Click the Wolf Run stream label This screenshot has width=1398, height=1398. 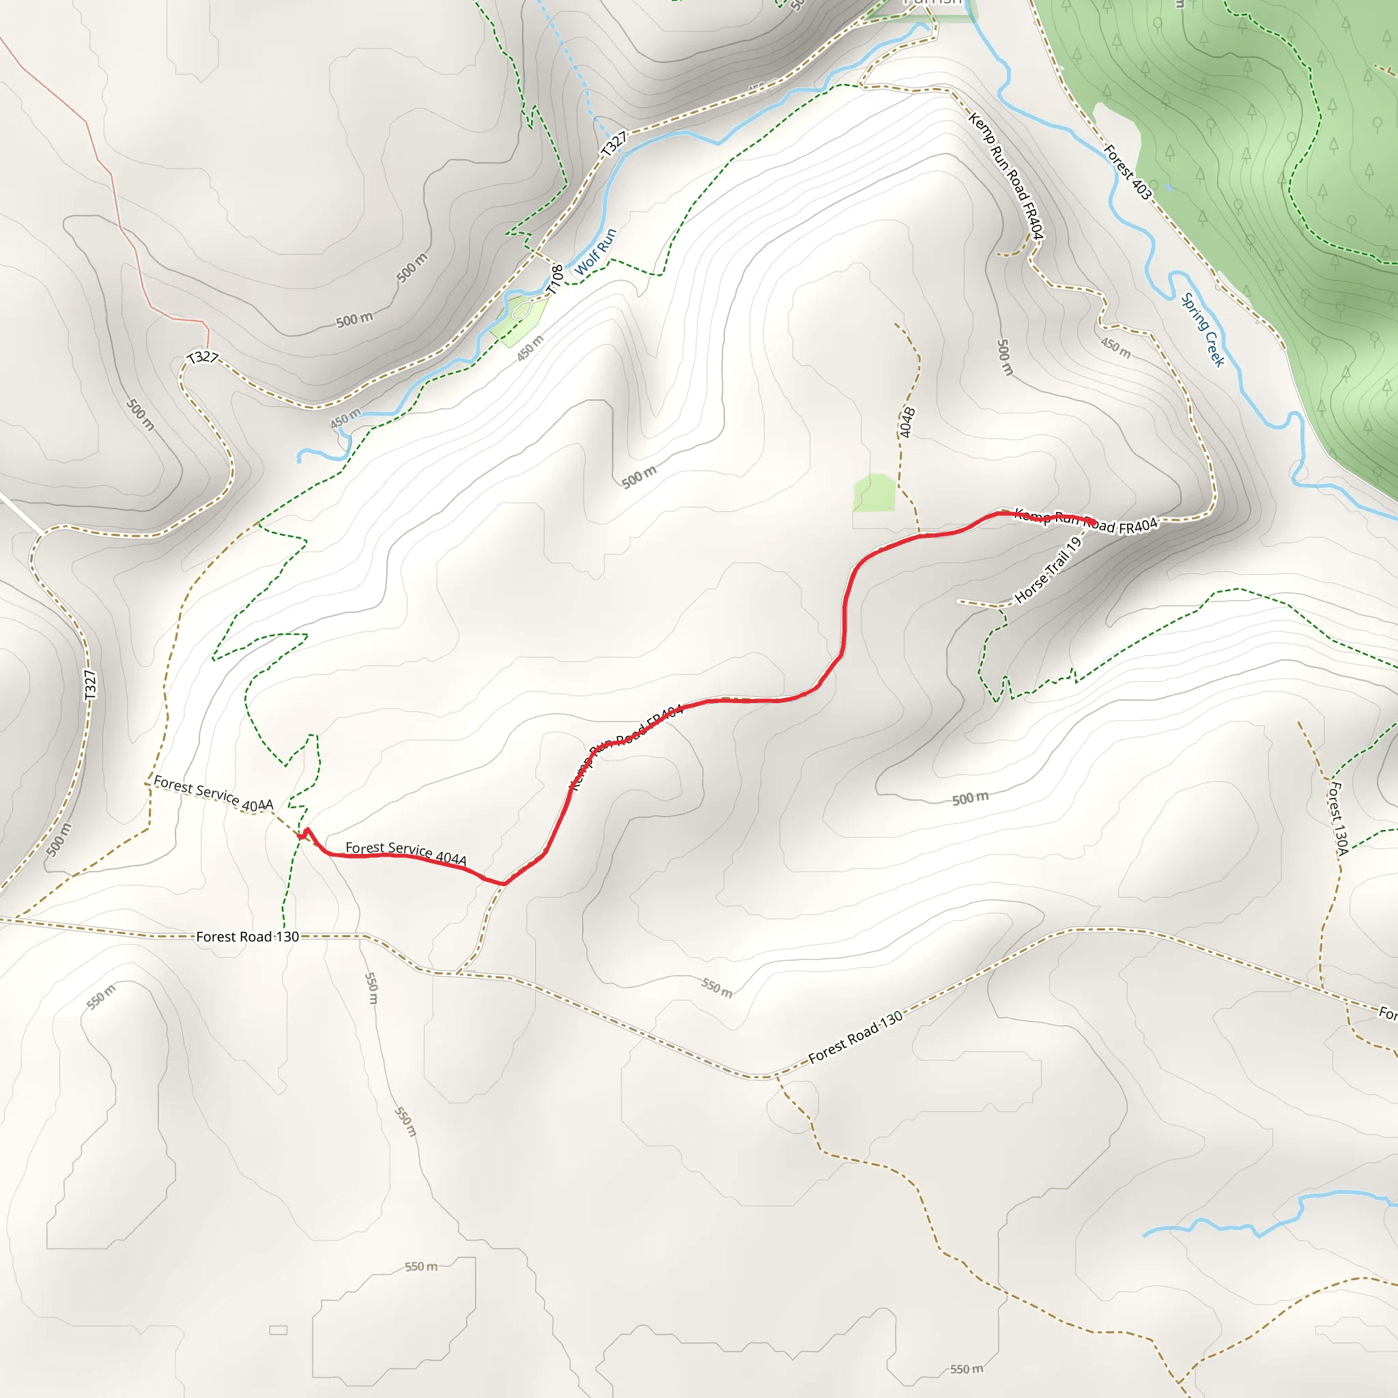[x=595, y=251]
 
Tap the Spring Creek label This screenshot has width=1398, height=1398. [x=1203, y=329]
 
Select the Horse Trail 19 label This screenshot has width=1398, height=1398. [x=1048, y=570]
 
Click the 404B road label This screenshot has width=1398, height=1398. [x=907, y=423]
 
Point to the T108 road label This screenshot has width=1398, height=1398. [x=555, y=279]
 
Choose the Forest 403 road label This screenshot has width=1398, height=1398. [x=1128, y=171]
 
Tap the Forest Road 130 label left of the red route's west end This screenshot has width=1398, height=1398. [x=248, y=937]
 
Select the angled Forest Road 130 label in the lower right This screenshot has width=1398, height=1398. [x=855, y=1037]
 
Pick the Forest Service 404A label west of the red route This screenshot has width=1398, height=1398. [x=214, y=793]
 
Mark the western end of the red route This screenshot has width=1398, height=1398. [x=299, y=836]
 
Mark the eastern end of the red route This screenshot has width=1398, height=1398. [x=1094, y=522]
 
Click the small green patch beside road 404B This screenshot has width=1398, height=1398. [x=875, y=493]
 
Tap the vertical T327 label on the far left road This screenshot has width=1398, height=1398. [x=89, y=685]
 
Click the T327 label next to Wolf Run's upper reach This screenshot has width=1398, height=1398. [x=614, y=144]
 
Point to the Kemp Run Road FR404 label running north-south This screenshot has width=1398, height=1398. [x=1005, y=176]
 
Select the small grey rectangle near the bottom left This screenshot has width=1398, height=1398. [x=278, y=1330]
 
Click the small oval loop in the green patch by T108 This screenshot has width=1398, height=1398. [x=522, y=312]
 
